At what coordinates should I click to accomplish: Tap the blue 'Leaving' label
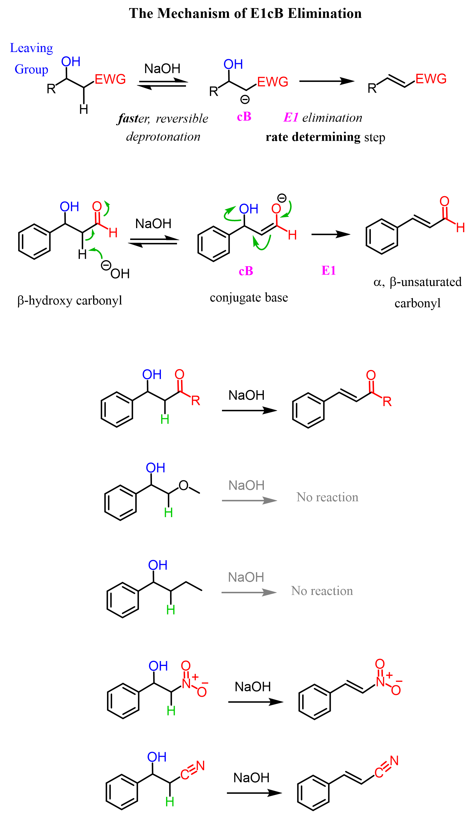pyautogui.click(x=31, y=48)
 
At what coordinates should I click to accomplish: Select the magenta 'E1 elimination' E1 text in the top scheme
pyautogui.click(x=291, y=117)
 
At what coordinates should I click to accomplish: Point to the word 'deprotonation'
pyautogui.click(x=163, y=136)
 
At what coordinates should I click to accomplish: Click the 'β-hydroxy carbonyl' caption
pyautogui.click(x=70, y=300)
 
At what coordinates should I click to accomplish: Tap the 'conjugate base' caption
pyautogui.click(x=249, y=297)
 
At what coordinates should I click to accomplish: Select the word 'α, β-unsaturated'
pyautogui.click(x=418, y=282)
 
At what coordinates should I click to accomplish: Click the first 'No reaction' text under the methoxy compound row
pyautogui.click(x=328, y=497)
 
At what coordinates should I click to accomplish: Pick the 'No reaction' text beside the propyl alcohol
pyautogui.click(x=322, y=591)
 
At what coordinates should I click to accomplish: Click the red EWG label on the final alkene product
pyautogui.click(x=431, y=79)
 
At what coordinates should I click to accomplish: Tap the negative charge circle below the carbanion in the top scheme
pyautogui.click(x=245, y=99)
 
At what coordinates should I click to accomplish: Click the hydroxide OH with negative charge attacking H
pyautogui.click(x=119, y=274)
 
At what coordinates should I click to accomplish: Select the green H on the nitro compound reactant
pyautogui.click(x=171, y=711)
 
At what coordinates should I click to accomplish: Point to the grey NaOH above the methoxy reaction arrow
pyautogui.click(x=246, y=485)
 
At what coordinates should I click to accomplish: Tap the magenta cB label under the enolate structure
pyautogui.click(x=246, y=271)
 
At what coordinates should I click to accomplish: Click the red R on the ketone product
pyautogui.click(x=387, y=402)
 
